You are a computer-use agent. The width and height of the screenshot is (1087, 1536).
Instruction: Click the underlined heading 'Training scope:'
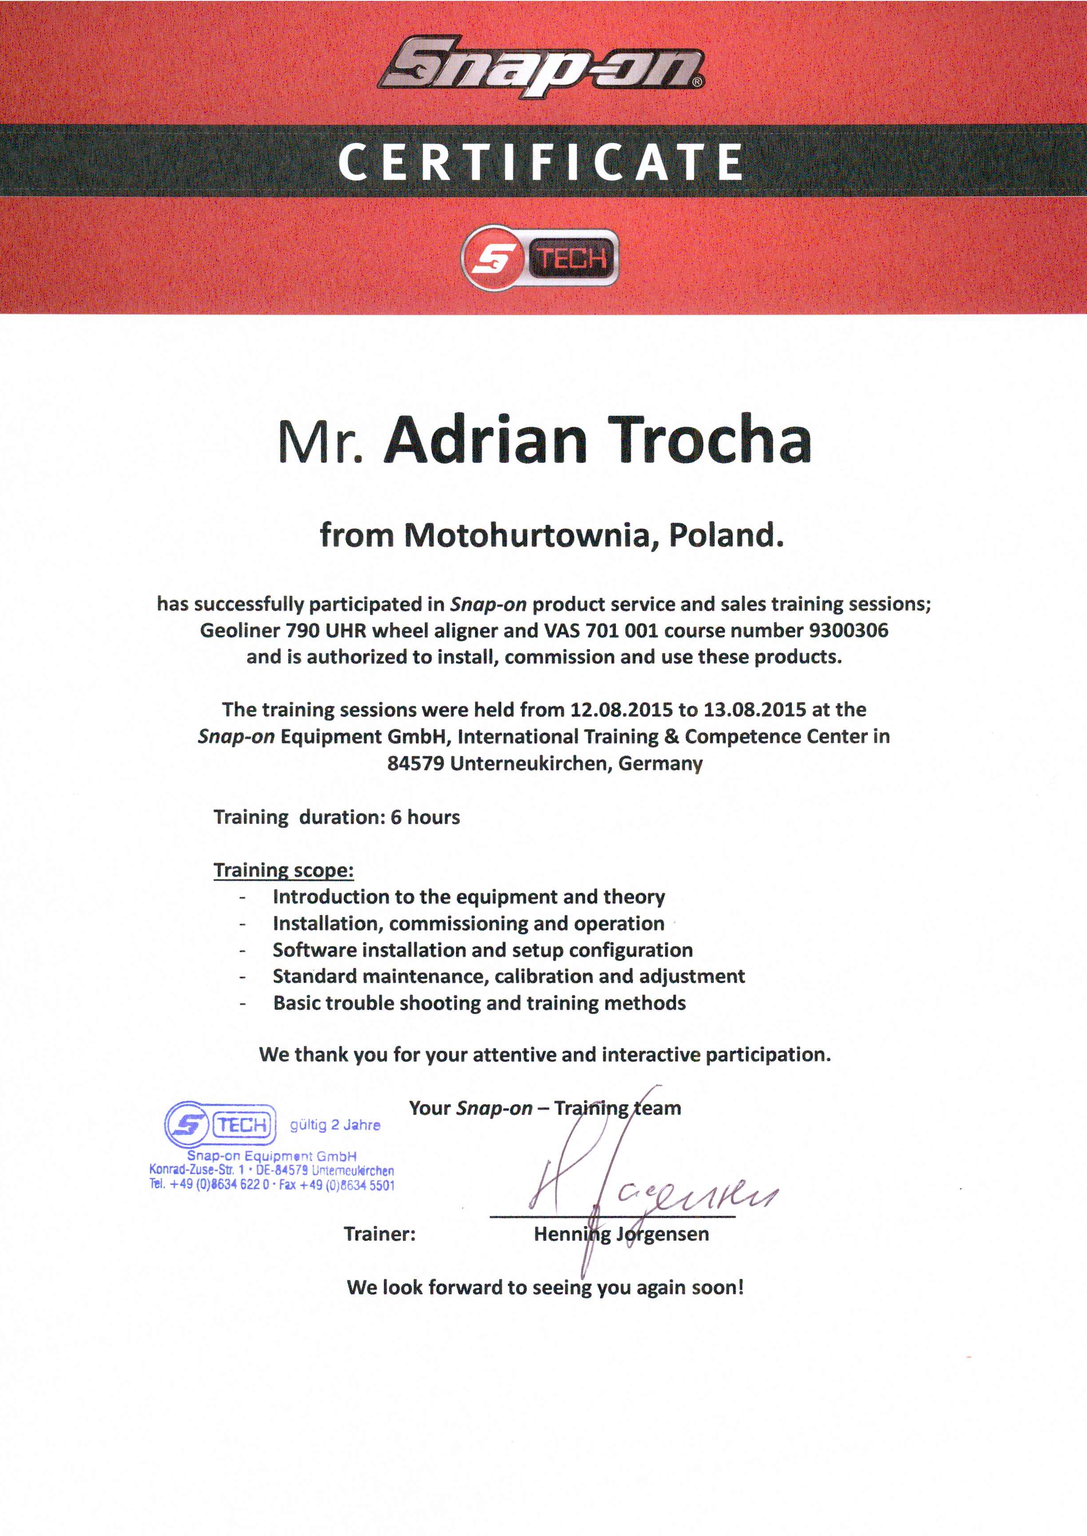coord(284,870)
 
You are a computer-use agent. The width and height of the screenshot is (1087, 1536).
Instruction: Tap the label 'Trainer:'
coord(380,1234)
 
